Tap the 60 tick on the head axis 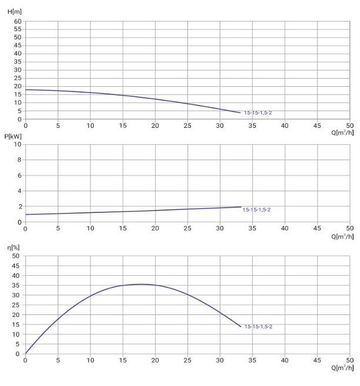click(x=18, y=21)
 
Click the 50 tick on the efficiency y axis click(x=16, y=256)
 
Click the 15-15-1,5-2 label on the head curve click(x=258, y=113)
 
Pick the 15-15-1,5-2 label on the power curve click(x=257, y=209)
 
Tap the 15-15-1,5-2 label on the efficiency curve click(x=258, y=327)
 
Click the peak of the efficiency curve click(x=141, y=284)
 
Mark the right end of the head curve click(x=241, y=113)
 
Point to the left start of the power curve click(x=26, y=214)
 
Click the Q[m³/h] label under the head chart click(x=342, y=133)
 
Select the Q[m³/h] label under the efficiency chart click(x=342, y=368)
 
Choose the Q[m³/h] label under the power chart click(x=342, y=236)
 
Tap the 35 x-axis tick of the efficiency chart click(x=253, y=360)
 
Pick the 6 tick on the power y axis click(x=19, y=175)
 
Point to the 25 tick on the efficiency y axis click(x=16, y=305)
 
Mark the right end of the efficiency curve click(x=241, y=327)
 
